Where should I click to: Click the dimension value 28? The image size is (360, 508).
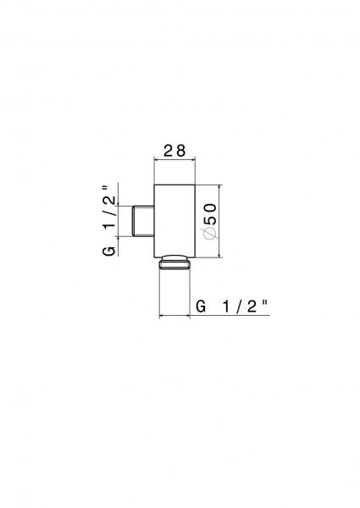point(174,151)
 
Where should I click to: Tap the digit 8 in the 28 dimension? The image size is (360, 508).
point(180,151)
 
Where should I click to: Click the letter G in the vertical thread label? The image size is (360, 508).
point(109,251)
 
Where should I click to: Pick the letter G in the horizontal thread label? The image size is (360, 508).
point(201,306)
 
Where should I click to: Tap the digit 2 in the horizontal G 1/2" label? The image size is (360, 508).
point(252,306)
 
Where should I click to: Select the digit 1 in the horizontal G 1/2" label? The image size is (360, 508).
point(226,306)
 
